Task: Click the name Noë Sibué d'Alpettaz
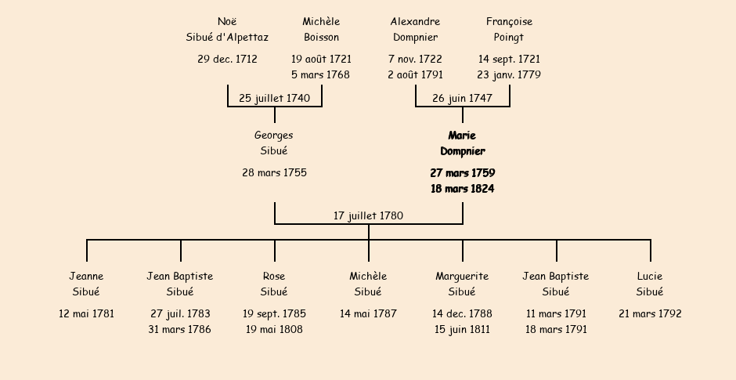tap(227, 29)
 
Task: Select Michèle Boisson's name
tap(321, 29)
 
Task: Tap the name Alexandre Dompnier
tap(416, 29)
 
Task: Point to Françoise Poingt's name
tap(509, 29)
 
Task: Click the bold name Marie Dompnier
tap(462, 143)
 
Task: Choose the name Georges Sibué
tap(274, 143)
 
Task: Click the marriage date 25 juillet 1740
tap(275, 98)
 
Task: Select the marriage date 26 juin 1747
tap(462, 98)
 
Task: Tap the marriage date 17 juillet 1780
tap(369, 215)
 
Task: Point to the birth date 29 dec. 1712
tap(227, 60)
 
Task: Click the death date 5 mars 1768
tap(320, 74)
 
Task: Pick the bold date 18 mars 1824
tap(462, 189)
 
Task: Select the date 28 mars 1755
tap(275, 173)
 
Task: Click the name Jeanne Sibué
tap(86, 284)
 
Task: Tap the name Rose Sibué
tap(274, 284)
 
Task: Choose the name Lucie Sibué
tap(650, 284)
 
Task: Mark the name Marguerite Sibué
tap(462, 284)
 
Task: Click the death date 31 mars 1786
tap(180, 329)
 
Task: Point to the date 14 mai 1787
tap(369, 313)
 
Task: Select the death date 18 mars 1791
tap(556, 329)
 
